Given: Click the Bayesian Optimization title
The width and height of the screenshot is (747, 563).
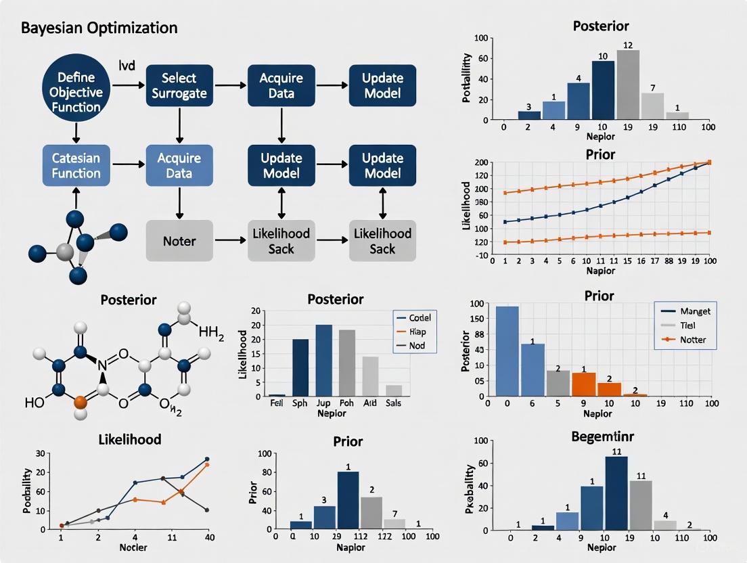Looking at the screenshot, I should click(x=99, y=28).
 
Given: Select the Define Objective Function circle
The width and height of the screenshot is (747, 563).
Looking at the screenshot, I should click(x=76, y=92).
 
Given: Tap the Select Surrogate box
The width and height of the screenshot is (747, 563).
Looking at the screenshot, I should click(x=179, y=86).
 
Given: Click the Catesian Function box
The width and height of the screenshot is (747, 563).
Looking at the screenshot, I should click(x=76, y=166).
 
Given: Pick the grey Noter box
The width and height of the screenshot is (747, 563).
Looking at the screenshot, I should click(x=179, y=240).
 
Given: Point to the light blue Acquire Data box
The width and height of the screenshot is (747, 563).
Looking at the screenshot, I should click(x=179, y=166).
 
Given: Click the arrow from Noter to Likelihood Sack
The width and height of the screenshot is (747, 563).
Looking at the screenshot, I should click(x=229, y=240).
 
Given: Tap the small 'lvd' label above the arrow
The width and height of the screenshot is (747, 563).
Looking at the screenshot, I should click(x=127, y=66).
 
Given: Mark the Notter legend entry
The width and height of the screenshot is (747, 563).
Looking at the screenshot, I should click(x=692, y=340).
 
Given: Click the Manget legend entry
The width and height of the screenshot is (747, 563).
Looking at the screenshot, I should click(x=692, y=311).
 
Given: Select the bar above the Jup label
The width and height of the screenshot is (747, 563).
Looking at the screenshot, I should click(x=323, y=360).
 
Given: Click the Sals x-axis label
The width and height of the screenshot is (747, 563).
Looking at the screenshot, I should click(x=394, y=403).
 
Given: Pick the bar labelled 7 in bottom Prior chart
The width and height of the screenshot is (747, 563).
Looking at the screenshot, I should click(x=394, y=523).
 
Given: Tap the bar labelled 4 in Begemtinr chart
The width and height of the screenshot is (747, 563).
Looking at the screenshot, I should click(x=665, y=524).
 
